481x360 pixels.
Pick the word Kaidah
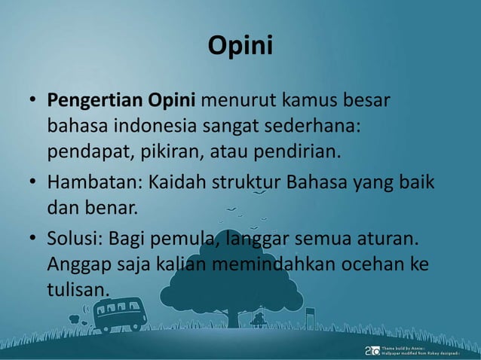(174, 183)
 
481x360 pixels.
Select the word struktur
(238, 183)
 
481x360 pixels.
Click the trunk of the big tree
(225, 313)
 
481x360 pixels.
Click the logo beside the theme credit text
(372, 350)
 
